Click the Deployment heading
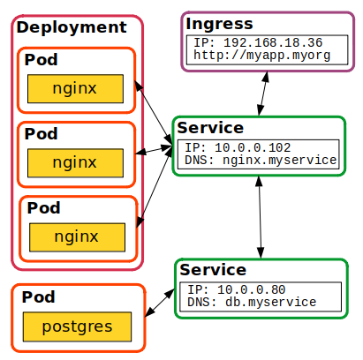(x=72, y=27)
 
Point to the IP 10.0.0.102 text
(x=238, y=146)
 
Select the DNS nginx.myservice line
(x=261, y=160)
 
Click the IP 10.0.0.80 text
(x=238, y=289)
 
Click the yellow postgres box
(x=77, y=327)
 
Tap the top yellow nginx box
(x=75, y=89)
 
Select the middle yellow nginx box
(x=75, y=162)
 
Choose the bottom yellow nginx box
(x=77, y=236)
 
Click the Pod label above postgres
(x=39, y=297)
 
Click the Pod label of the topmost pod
(x=42, y=61)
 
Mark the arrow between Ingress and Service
(x=262, y=92)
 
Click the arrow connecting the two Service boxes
(x=259, y=216)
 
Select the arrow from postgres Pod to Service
(x=160, y=301)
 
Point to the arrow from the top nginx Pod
(x=154, y=111)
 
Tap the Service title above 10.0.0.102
(x=210, y=128)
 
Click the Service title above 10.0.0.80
(x=213, y=270)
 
